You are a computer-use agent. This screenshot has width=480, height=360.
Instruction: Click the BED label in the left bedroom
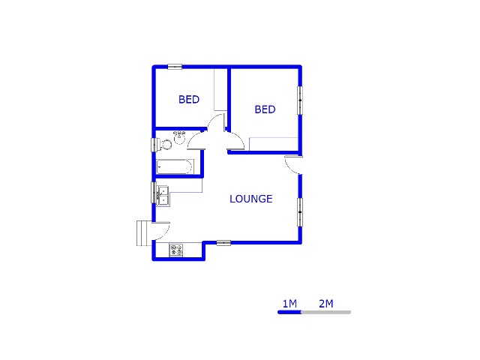(x=189, y=100)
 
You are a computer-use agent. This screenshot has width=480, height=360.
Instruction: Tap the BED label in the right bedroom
(x=265, y=109)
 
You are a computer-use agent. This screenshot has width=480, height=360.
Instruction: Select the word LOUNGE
(x=250, y=199)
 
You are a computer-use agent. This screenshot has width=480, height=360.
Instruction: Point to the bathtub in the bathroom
(x=175, y=166)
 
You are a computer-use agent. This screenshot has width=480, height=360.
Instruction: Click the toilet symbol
(x=166, y=143)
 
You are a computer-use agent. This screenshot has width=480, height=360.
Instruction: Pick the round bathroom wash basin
(x=179, y=136)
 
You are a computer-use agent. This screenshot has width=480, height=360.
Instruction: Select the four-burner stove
(x=177, y=250)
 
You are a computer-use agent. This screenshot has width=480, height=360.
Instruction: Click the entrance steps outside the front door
(x=143, y=233)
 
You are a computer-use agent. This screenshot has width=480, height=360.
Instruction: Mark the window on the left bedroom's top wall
(x=175, y=67)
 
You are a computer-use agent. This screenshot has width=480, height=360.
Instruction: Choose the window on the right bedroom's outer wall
(x=300, y=100)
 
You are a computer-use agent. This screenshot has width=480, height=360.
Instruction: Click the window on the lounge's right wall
(x=300, y=211)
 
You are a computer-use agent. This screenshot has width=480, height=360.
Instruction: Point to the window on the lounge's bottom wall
(x=223, y=242)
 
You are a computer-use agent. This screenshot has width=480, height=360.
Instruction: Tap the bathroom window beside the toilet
(x=154, y=144)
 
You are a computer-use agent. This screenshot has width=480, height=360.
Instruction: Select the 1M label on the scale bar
(x=289, y=304)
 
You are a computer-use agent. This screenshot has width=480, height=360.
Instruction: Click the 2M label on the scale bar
(x=325, y=304)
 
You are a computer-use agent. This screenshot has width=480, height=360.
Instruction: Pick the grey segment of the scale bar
(x=325, y=312)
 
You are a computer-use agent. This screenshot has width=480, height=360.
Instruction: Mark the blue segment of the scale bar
(x=289, y=312)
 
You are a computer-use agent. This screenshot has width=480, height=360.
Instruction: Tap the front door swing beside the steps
(x=162, y=229)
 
